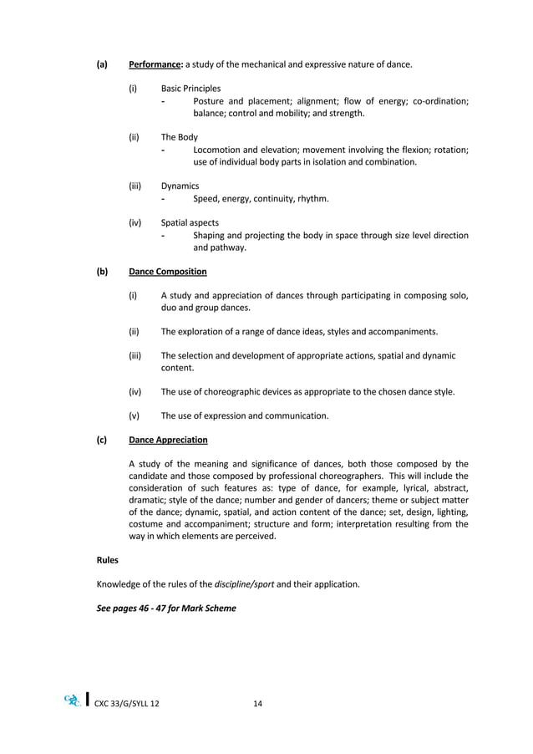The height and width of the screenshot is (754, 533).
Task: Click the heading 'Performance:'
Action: tap(156, 64)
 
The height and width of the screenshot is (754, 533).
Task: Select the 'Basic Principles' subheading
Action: tap(190, 88)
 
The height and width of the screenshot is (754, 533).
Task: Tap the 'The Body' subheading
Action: tap(180, 137)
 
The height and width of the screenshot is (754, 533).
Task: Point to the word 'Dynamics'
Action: tap(180, 186)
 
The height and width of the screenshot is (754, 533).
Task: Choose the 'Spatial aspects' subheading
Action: tap(190, 223)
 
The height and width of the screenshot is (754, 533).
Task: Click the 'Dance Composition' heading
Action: tap(168, 272)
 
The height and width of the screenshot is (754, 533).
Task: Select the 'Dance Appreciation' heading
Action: tap(169, 440)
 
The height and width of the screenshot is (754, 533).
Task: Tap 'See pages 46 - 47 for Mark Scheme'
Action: tap(167, 608)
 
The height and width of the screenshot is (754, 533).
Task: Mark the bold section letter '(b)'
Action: tap(102, 272)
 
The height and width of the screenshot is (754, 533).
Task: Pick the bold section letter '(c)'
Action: tap(102, 440)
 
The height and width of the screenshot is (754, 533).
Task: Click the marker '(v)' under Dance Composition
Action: tap(134, 415)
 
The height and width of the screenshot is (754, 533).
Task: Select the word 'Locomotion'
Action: tap(221, 150)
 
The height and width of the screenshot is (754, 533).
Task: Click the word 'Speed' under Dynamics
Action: tap(207, 199)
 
